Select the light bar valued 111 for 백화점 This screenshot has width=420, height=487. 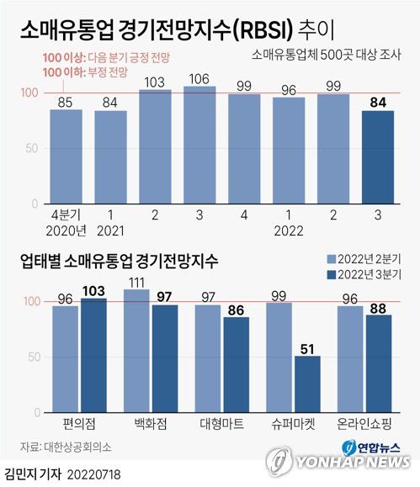tap(137, 350)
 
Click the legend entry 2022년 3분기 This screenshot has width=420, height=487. tap(369, 275)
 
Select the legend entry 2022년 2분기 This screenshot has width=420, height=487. tap(369, 258)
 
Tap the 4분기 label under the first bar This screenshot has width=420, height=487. tap(65, 215)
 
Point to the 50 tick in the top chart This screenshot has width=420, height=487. tap(34, 148)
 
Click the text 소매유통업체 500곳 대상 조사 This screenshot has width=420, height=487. tap(332, 56)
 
